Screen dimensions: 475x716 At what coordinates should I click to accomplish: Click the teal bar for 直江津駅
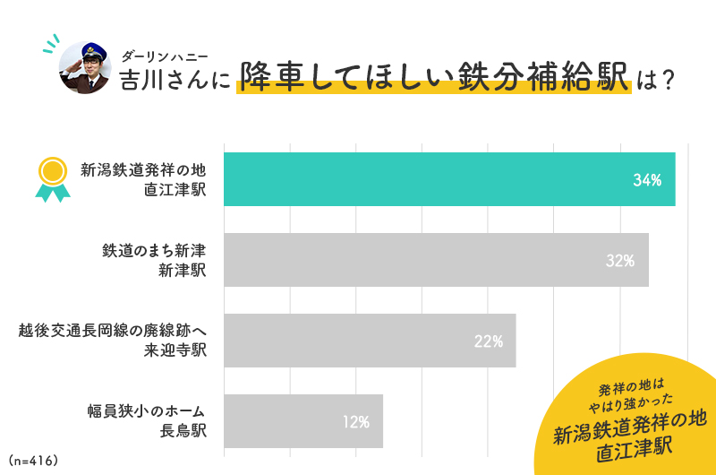coord(447,179)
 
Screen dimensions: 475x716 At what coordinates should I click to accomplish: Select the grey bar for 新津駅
coord(435,260)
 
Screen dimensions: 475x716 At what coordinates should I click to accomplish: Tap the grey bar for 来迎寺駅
coord(369,341)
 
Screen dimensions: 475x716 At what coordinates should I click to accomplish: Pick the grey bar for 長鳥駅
coord(303,421)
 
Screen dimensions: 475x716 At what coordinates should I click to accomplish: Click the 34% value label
coord(646,180)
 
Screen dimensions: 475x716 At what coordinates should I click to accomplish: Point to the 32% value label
coord(619,261)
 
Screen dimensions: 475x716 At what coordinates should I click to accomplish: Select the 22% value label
coord(488,341)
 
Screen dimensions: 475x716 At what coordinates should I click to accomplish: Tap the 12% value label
coord(355,422)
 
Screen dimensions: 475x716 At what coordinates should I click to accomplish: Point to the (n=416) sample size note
coord(32,461)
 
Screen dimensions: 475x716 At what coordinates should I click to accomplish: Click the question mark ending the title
coord(664,79)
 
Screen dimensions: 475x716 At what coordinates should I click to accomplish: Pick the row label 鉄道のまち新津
coord(154,250)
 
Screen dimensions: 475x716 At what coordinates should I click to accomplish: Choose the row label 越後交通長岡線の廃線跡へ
coord(112,331)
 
